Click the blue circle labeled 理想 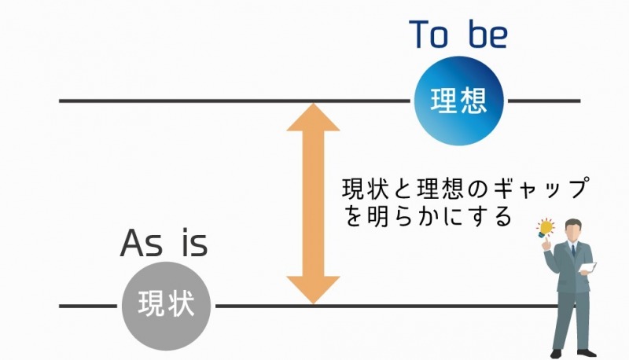point(458,101)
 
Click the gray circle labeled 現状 point(166,306)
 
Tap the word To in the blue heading point(429,35)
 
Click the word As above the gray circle point(142,244)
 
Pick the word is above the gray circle point(194,243)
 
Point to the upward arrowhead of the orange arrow point(313,116)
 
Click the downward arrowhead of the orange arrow point(313,290)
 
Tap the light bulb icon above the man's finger point(546,228)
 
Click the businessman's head point(574,229)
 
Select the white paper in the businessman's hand point(588,268)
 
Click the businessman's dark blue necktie point(574,250)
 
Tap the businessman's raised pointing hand point(546,244)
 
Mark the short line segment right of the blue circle point(544,101)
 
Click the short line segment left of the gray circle point(88,306)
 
